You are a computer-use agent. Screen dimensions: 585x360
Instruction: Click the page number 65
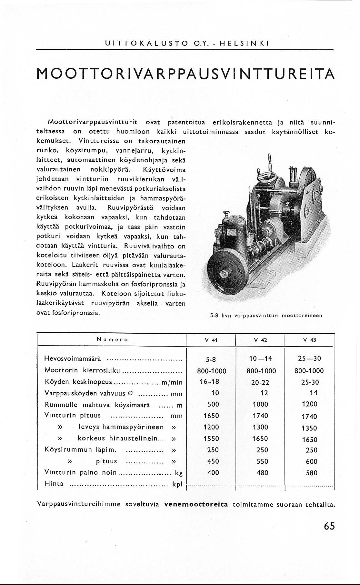(329, 526)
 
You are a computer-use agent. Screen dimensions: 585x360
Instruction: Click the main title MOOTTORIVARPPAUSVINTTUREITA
(185, 74)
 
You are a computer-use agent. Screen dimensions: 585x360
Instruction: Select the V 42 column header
(260, 340)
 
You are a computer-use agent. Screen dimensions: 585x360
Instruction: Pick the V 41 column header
(211, 340)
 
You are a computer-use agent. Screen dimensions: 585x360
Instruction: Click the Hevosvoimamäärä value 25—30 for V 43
(309, 358)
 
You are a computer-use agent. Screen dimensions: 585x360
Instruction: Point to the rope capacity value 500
(213, 404)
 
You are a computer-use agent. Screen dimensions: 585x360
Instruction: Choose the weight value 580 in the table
(312, 473)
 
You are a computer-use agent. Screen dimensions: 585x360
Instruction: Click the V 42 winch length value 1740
(260, 416)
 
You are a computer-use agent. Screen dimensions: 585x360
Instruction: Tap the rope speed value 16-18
(209, 381)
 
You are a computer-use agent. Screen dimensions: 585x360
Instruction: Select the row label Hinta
(54, 483)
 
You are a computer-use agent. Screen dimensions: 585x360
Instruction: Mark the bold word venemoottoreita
(196, 504)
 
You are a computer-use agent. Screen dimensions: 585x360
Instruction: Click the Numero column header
(113, 340)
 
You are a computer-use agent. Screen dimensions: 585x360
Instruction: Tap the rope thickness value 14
(313, 393)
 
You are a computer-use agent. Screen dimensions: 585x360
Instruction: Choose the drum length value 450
(213, 461)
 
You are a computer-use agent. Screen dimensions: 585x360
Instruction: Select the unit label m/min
(172, 382)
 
